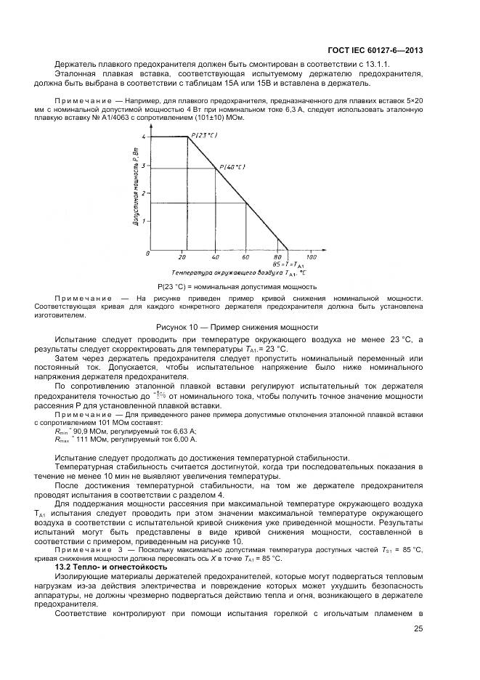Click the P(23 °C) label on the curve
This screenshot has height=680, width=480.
(204, 134)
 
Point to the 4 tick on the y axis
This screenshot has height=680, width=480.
(145, 137)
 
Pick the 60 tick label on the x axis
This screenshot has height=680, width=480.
(245, 257)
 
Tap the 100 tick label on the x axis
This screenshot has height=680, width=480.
(311, 257)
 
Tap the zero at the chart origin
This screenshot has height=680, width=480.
(148, 254)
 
